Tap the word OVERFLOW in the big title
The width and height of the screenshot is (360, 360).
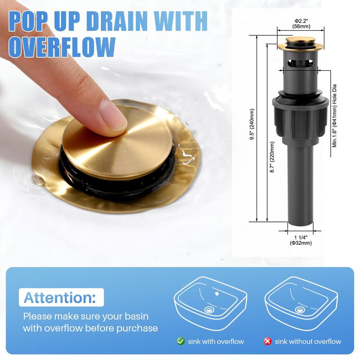(x=62, y=48)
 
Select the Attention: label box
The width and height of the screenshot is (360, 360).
(x=61, y=297)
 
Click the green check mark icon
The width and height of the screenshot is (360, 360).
(x=181, y=342)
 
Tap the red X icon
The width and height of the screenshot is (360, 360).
(x=267, y=342)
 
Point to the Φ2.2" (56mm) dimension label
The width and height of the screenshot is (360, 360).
(x=301, y=24)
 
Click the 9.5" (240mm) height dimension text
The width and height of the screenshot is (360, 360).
(x=252, y=124)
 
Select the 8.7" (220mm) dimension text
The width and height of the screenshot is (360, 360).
(x=272, y=157)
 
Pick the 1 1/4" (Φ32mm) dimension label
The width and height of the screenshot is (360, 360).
(x=301, y=240)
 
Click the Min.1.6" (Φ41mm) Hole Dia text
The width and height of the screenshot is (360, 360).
(x=334, y=116)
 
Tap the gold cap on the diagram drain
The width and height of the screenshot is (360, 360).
(x=300, y=43)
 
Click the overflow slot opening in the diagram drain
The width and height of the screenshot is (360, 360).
(x=300, y=63)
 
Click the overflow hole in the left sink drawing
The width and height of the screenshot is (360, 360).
(x=217, y=294)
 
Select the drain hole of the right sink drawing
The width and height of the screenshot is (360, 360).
(x=300, y=310)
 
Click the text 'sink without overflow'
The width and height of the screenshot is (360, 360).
(x=308, y=342)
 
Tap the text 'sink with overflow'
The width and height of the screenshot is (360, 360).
(x=216, y=342)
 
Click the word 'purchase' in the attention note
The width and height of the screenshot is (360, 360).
(x=137, y=328)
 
